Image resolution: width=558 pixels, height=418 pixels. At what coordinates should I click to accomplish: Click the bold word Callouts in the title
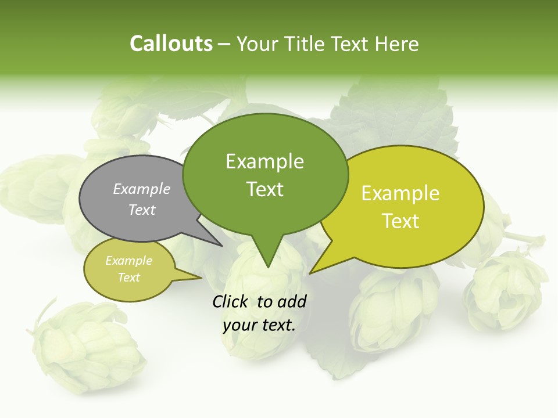[x=171, y=44]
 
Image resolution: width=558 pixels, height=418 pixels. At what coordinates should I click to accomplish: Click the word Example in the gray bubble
[x=142, y=189]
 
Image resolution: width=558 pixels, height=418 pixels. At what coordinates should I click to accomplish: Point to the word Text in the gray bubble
[x=142, y=210]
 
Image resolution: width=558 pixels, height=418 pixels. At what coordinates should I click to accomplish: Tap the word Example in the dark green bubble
[x=264, y=161]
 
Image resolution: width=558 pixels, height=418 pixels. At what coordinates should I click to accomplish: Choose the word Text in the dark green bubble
[x=264, y=189]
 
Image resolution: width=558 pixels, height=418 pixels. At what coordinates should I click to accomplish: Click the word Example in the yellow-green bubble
[x=400, y=193]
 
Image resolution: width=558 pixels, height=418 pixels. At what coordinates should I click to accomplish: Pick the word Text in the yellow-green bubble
[x=400, y=221]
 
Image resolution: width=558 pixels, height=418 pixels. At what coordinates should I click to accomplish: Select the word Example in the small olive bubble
[x=128, y=261]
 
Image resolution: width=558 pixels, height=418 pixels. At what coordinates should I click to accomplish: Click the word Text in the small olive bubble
[x=128, y=278]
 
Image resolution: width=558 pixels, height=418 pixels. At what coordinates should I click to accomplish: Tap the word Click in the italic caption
[x=231, y=301]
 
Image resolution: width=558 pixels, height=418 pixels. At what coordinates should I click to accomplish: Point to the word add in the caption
[x=292, y=301]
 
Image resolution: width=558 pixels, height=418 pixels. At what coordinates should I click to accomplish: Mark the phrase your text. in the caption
[x=259, y=325]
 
